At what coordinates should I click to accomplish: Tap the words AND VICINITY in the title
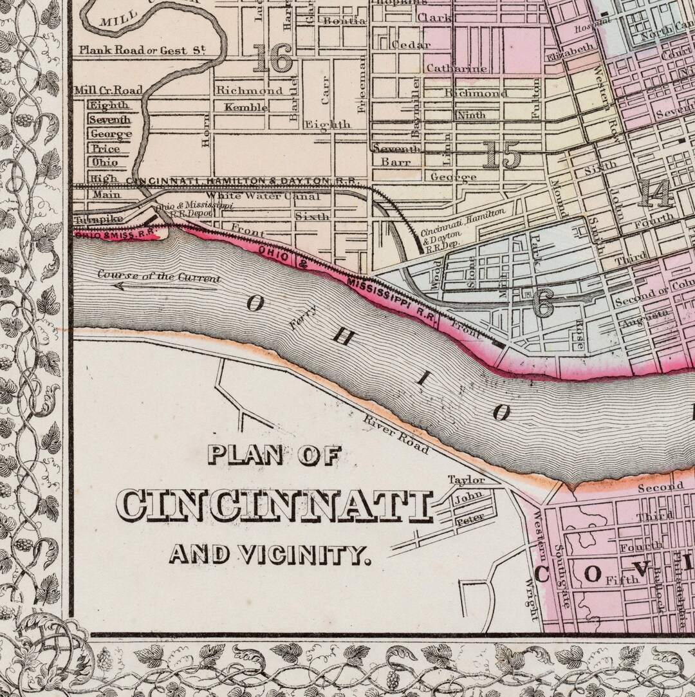pyautogui.click(x=270, y=553)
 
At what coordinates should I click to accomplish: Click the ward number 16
pyautogui.click(x=272, y=60)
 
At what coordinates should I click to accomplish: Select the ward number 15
pyautogui.click(x=501, y=155)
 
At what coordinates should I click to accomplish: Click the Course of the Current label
pyautogui.click(x=159, y=277)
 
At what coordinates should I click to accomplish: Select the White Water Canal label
pyautogui.click(x=263, y=196)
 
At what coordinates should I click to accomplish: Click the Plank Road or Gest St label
pyautogui.click(x=142, y=50)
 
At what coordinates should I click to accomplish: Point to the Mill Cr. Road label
pyautogui.click(x=107, y=90)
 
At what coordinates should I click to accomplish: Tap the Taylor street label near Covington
pyautogui.click(x=466, y=480)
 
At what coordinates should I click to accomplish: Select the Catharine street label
pyautogui.click(x=456, y=68)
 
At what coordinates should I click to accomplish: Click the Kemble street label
pyautogui.click(x=246, y=107)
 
